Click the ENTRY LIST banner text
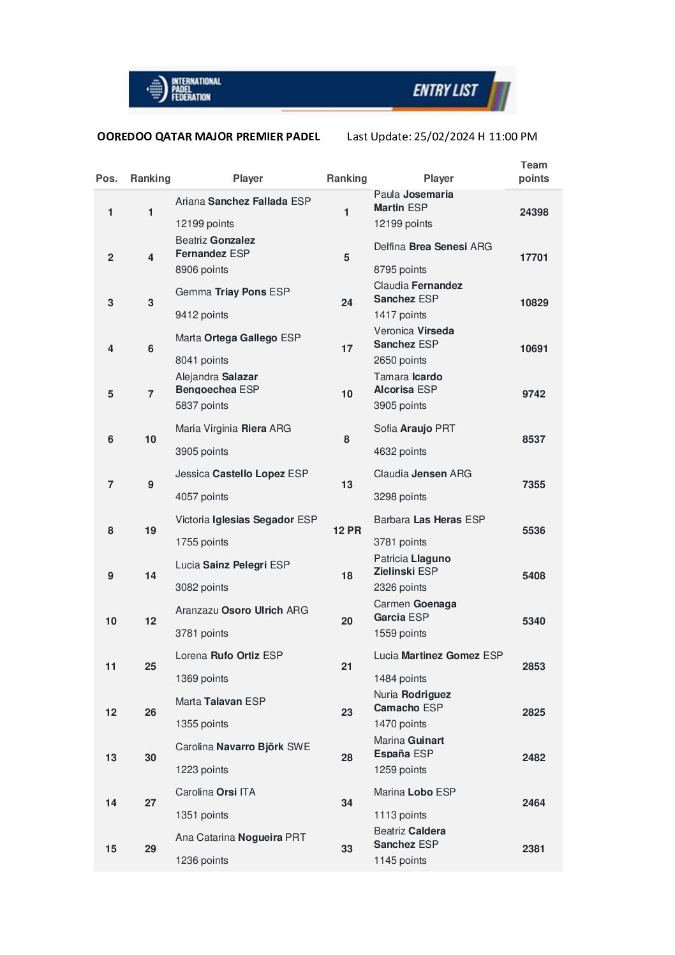(445, 91)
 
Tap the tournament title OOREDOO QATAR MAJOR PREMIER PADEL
(208, 137)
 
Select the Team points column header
(533, 172)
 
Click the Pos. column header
(107, 179)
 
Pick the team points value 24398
(533, 212)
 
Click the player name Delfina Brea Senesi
(433, 247)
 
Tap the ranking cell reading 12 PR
(346, 531)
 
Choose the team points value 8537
(533, 440)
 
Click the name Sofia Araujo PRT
(414, 429)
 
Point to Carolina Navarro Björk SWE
(242, 747)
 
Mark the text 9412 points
(202, 315)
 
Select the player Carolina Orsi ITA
(215, 792)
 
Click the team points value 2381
(533, 849)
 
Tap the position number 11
(110, 667)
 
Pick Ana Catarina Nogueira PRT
(241, 838)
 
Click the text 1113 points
(400, 815)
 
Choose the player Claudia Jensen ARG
(422, 474)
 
